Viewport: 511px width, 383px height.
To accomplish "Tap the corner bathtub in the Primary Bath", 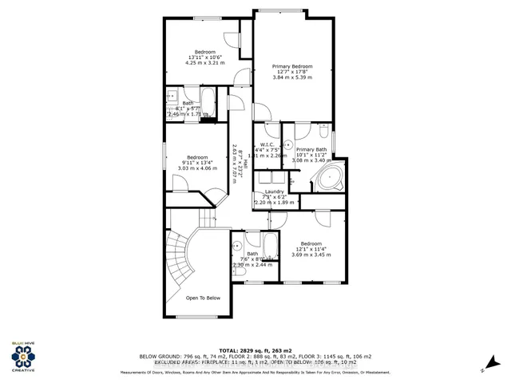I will click(328, 178).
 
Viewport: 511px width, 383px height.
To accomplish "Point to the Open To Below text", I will click(203, 298).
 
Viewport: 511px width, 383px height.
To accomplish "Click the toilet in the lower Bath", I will click(240, 273).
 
